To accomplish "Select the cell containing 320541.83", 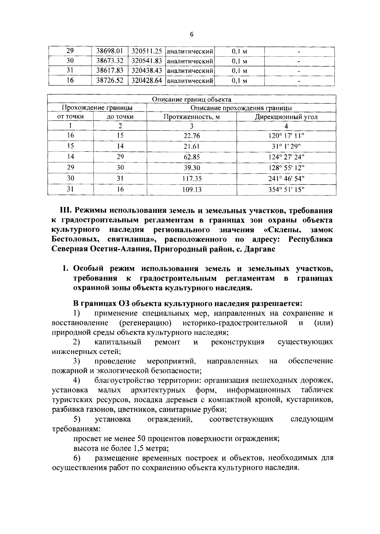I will tap(147, 61).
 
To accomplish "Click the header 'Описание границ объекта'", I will tap(192, 100).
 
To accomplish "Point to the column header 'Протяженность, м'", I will tap(192, 117).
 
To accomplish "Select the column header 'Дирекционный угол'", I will tap(286, 117).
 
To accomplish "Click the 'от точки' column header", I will tap(70, 117).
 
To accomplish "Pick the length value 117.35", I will tap(192, 179).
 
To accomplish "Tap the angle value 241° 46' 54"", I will tap(286, 179).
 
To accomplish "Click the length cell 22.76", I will tap(192, 136).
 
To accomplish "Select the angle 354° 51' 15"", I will tap(286, 190).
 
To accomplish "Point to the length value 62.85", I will tap(192, 157).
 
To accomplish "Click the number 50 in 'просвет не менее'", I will tap(142, 439).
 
